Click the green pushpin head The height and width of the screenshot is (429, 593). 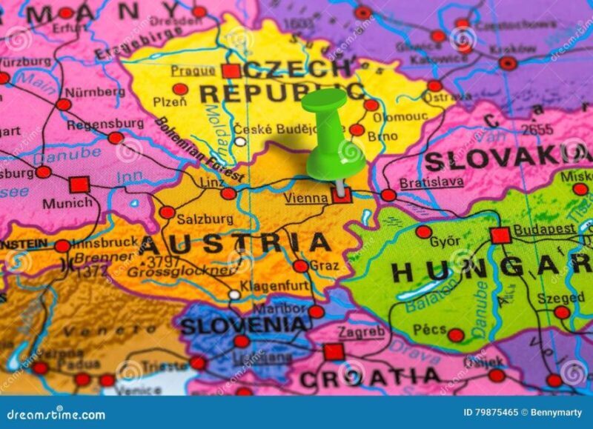click(324, 100)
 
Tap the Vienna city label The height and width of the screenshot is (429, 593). click(306, 198)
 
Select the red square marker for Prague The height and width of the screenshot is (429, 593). click(231, 71)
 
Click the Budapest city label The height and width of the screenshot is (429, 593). click(544, 229)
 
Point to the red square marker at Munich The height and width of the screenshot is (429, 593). click(79, 184)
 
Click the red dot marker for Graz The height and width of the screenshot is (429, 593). click(300, 266)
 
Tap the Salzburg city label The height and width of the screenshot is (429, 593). click(205, 219)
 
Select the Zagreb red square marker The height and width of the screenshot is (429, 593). click(334, 351)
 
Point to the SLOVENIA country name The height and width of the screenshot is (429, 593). click(244, 325)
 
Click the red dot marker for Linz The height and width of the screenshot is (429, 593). click(228, 193)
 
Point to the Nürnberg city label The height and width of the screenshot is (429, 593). click(95, 92)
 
